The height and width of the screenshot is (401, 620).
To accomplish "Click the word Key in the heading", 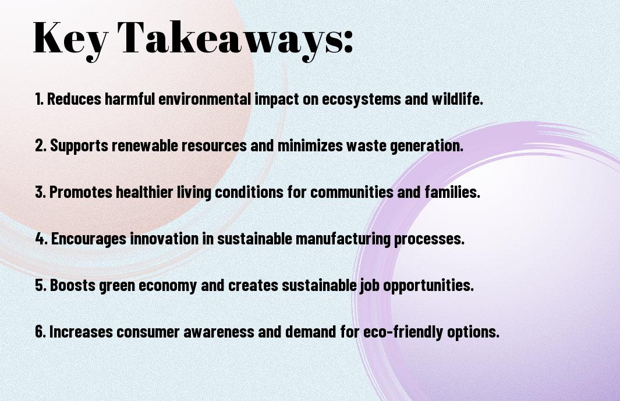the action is tap(70, 40).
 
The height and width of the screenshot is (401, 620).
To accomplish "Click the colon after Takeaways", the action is tap(348, 42).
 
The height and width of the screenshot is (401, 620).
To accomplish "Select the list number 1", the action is tap(39, 99).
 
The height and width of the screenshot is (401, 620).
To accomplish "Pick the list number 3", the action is tap(40, 192).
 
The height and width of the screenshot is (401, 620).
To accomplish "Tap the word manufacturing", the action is tap(343, 239).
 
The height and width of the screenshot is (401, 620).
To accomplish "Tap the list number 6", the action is tap(40, 331).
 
